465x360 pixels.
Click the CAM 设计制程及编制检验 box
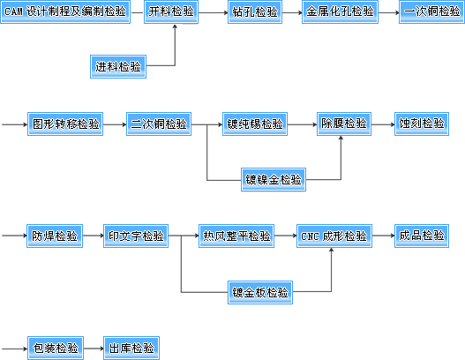click(65, 11)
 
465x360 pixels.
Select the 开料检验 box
click(171, 11)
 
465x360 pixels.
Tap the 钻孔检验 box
click(255, 11)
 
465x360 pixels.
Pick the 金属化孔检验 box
click(340, 11)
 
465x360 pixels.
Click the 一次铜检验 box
click(431, 11)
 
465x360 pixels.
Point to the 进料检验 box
click(118, 66)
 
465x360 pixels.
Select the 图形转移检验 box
click(65, 124)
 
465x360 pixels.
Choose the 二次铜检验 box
click(159, 124)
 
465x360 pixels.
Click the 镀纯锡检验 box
click(255, 124)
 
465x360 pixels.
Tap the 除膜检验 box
click(344, 124)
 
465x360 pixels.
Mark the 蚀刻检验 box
click(422, 124)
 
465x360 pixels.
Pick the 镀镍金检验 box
click(274, 180)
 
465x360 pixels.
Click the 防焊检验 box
click(55, 236)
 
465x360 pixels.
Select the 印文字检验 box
click(136, 236)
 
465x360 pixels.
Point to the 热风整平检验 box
click(236, 236)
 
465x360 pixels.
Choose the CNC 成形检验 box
click(334, 236)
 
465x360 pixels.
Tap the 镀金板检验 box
click(260, 292)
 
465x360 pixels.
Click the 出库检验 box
click(131, 349)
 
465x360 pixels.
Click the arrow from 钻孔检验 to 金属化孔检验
click(292, 12)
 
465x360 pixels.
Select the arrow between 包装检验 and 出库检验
click(94, 349)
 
